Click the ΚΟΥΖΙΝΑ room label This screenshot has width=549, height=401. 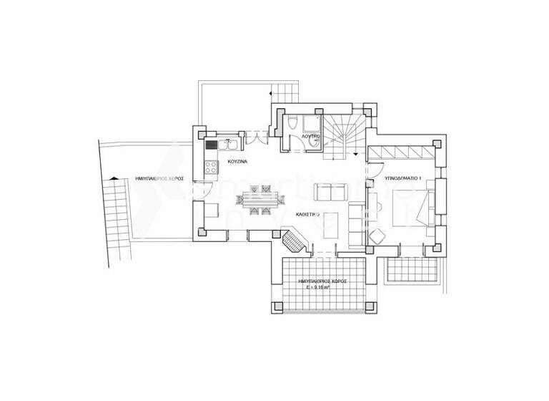click(x=237, y=163)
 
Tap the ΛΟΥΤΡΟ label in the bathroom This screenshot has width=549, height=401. click(x=309, y=136)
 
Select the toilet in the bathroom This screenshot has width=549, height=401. click(x=294, y=123)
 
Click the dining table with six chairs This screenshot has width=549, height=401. click(x=257, y=200)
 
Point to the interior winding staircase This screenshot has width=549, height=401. click(x=344, y=134)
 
